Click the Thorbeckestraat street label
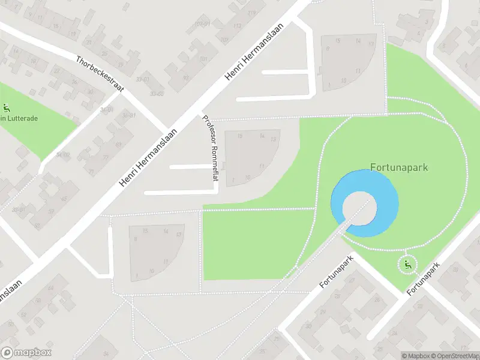tap(100, 74)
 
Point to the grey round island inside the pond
tap(359, 206)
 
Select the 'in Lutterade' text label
tap(19, 119)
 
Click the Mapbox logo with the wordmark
tap(26, 353)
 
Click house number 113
tap(237, 26)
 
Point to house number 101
tap(203, 59)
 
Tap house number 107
tap(224, 40)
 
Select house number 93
tap(186, 77)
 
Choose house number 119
tap(251, 12)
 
